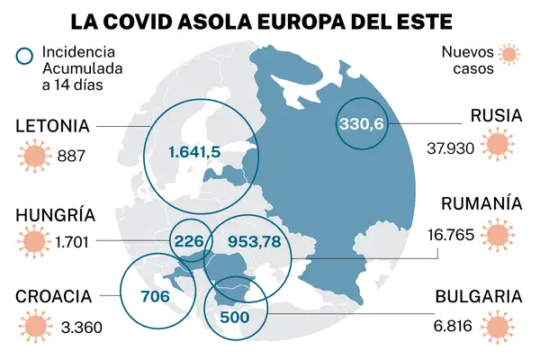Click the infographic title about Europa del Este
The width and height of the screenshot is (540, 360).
(x=269, y=20)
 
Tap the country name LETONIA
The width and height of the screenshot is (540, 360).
(x=52, y=126)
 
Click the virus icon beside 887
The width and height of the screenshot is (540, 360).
(x=33, y=156)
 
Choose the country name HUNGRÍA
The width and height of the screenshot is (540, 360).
(x=55, y=215)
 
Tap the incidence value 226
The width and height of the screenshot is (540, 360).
(x=188, y=240)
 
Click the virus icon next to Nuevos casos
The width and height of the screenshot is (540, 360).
(x=509, y=55)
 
